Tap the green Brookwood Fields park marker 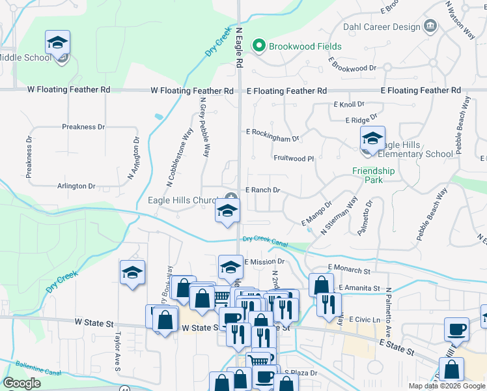click(259, 46)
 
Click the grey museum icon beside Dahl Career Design click(430, 26)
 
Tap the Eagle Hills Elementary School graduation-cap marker click(372, 139)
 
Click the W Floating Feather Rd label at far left click(68, 89)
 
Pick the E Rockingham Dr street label click(272, 138)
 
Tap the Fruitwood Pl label click(294, 158)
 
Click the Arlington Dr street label click(76, 186)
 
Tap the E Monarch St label click(349, 268)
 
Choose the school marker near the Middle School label click(57, 43)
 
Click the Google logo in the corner click(21, 383)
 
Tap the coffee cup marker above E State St click(456, 329)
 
